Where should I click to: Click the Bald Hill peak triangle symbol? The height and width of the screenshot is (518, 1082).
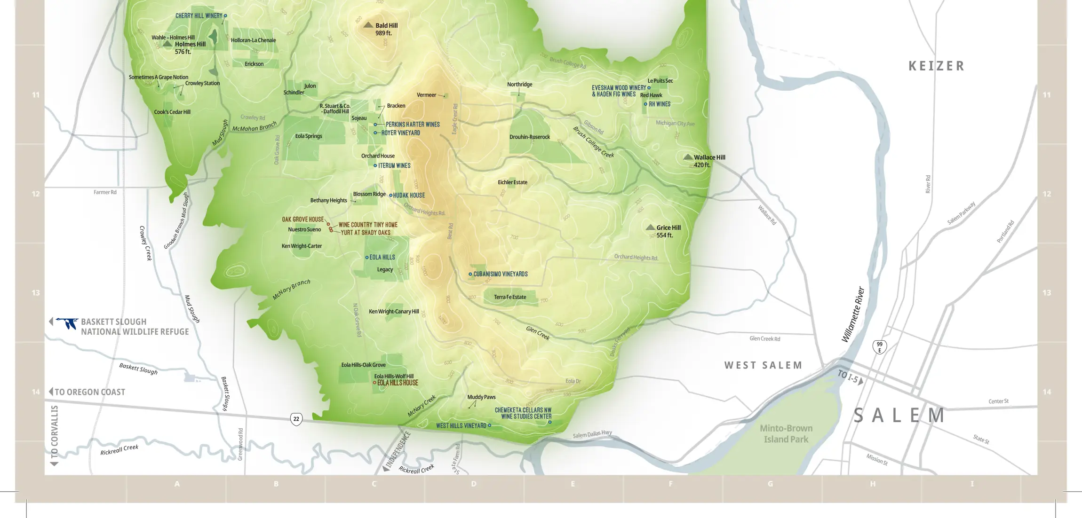[x=368, y=25]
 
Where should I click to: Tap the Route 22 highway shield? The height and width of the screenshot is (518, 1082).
[x=296, y=419]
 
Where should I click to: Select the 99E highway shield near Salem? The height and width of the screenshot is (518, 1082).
[x=879, y=347]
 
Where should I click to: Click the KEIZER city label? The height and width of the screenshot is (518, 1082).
[x=936, y=66]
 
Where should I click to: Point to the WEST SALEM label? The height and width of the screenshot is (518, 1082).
[x=763, y=365]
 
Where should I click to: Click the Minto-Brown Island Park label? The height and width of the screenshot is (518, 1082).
[x=786, y=433]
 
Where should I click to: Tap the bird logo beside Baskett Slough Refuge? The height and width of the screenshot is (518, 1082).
[x=67, y=323]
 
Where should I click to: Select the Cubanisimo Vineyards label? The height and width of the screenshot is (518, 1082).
[x=500, y=274]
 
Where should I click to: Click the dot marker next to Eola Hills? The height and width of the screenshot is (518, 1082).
[x=367, y=257]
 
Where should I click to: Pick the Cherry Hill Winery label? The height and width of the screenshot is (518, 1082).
[x=199, y=16]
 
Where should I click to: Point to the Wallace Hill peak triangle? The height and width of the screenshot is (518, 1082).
[x=688, y=157]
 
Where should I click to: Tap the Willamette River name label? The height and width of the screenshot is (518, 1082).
[x=853, y=314]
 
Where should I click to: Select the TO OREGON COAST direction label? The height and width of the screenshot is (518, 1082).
[x=89, y=392]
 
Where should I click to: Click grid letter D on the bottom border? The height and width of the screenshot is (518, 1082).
[x=473, y=484]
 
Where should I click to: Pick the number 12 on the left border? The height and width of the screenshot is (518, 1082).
[x=36, y=194]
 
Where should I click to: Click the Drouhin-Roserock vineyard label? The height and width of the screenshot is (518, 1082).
[x=529, y=137]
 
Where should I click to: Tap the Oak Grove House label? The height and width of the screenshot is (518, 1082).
[x=302, y=220]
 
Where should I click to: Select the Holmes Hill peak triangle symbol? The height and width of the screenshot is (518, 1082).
[x=167, y=44]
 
